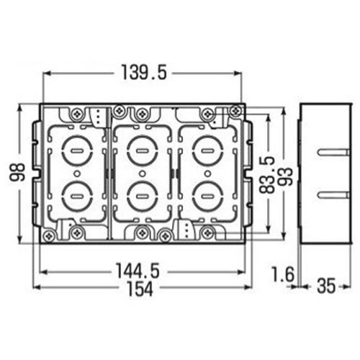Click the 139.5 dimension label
(x=144, y=73)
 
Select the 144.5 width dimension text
(x=138, y=271)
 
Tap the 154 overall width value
(x=140, y=288)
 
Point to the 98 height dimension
(x=17, y=172)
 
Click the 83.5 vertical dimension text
(x=267, y=174)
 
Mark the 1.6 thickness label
(x=282, y=274)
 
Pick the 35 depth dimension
(x=326, y=286)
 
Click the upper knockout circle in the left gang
(x=77, y=150)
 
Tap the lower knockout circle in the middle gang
(x=143, y=197)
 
